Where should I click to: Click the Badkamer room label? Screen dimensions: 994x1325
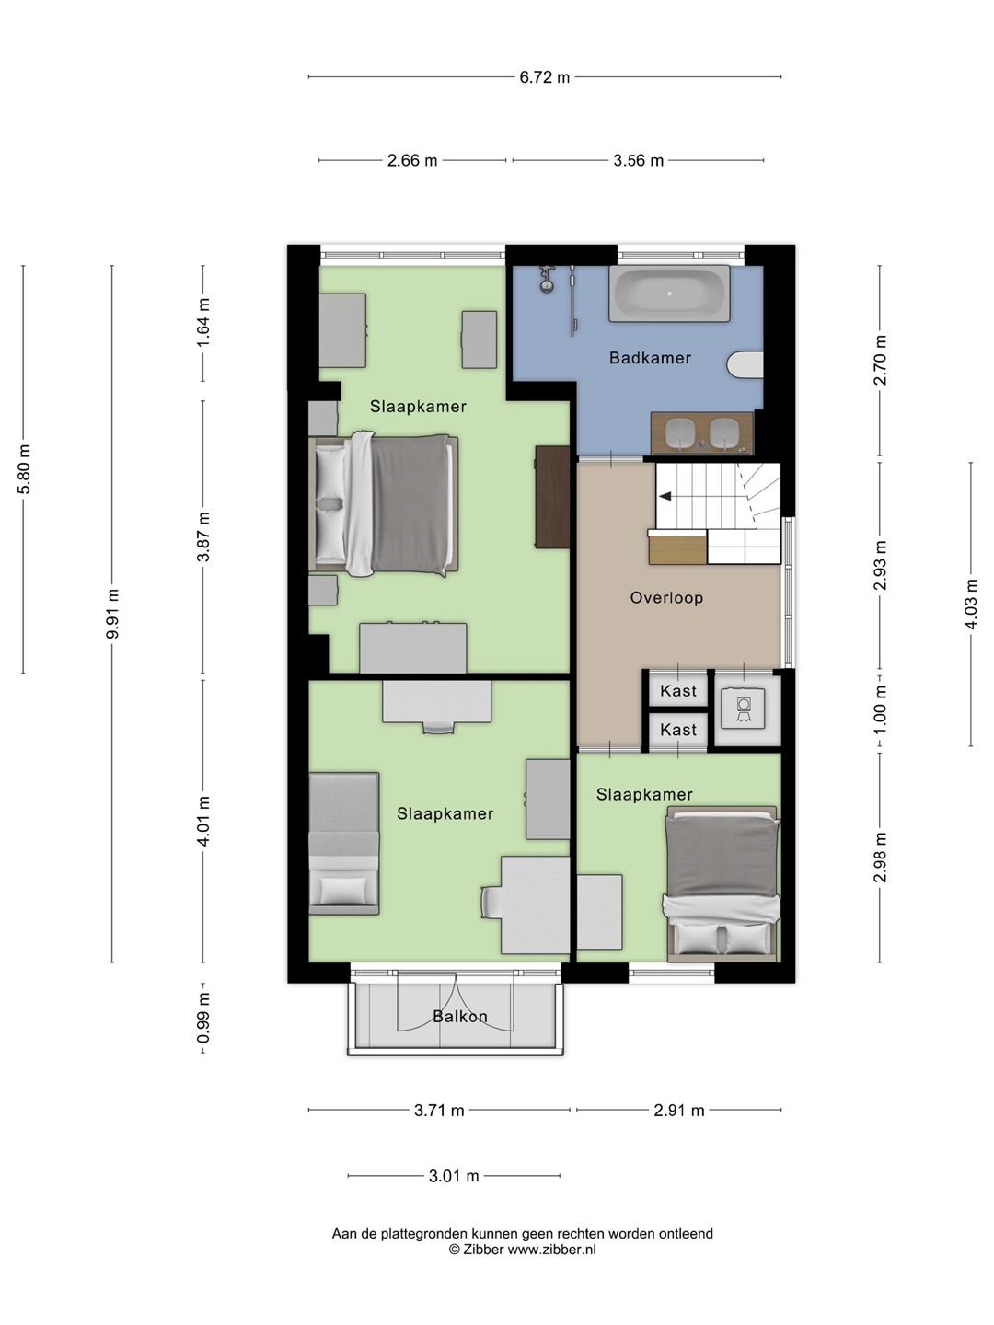pyautogui.click(x=650, y=358)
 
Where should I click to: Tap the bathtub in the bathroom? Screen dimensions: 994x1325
pyautogui.click(x=669, y=294)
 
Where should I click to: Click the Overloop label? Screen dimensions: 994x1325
pyautogui.click(x=666, y=597)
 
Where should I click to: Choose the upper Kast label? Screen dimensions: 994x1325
pyautogui.click(x=677, y=691)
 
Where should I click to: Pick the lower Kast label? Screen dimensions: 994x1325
pyautogui.click(x=677, y=729)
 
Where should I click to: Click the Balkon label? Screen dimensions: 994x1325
pyautogui.click(x=460, y=1017)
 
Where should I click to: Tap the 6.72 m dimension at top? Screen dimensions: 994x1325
pyautogui.click(x=544, y=77)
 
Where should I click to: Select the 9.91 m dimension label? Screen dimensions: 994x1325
pyautogui.click(x=112, y=614)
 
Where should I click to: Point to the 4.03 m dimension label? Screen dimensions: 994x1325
pyautogui.click(x=971, y=604)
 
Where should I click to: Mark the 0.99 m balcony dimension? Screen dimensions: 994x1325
pyautogui.click(x=203, y=1018)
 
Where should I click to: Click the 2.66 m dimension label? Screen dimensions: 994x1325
pyautogui.click(x=411, y=161)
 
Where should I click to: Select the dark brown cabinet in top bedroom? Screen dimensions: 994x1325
pyautogui.click(x=553, y=498)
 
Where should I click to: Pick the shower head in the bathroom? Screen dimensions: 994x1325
pyautogui.click(x=546, y=278)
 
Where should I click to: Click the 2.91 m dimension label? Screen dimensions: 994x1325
pyautogui.click(x=679, y=1110)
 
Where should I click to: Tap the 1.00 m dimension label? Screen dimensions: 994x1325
pyautogui.click(x=881, y=709)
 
